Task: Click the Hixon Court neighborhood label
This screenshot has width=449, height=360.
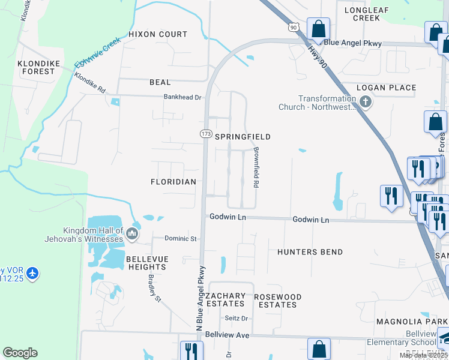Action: pos(158,34)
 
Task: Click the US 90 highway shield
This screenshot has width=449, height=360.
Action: pos(293,27)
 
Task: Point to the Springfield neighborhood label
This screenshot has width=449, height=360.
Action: pos(243,137)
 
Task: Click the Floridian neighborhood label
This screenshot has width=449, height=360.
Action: pos(174,181)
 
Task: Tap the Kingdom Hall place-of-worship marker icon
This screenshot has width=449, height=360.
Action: pos(133,233)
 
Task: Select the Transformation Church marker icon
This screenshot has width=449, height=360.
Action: pos(366,103)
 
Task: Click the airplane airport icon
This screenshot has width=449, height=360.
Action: pos(32,274)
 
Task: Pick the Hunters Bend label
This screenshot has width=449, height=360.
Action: pos(310,253)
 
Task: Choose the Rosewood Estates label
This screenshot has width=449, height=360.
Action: pos(277,301)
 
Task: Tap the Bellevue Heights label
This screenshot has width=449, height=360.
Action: pos(147,263)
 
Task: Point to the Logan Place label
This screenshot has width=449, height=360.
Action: pos(386,88)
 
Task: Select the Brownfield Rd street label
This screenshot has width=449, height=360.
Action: pos(256,169)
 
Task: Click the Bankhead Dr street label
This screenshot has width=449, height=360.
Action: pos(182,97)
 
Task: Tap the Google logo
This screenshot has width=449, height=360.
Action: pos(20,353)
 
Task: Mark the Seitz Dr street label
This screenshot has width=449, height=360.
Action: pos(236,318)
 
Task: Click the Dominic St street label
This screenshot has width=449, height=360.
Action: pos(181,239)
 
